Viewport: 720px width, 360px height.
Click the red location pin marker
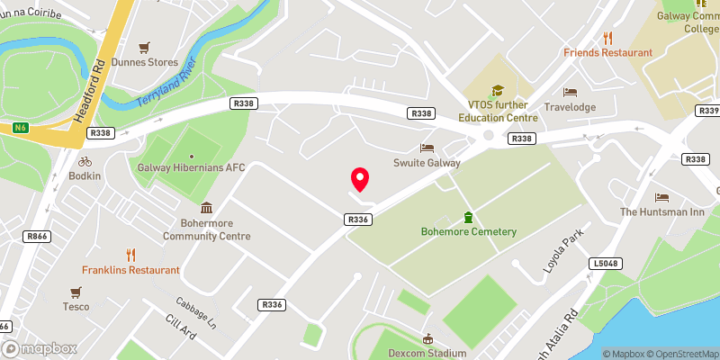coord(360,179)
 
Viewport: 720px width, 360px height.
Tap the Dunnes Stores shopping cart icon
coord(142,47)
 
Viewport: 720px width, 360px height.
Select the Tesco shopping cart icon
coord(76,292)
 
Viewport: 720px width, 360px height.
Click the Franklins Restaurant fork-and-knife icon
coord(131,255)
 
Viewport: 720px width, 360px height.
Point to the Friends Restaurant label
coord(607,52)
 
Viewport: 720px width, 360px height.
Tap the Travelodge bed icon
coord(570,92)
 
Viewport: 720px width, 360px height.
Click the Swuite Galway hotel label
coord(427,163)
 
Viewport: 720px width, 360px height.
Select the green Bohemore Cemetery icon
coord(468,217)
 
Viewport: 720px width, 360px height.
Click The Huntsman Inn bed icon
coord(662,197)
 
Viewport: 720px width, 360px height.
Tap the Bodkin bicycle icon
coord(85,161)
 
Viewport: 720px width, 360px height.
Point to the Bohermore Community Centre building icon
coord(206,208)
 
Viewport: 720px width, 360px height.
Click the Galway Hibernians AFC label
coord(191,167)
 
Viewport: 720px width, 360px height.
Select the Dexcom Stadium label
coord(427,354)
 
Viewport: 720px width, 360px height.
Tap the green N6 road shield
coord(20,128)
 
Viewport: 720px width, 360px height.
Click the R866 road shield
coord(37,237)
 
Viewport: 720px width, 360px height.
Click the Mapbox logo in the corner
coord(40,348)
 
